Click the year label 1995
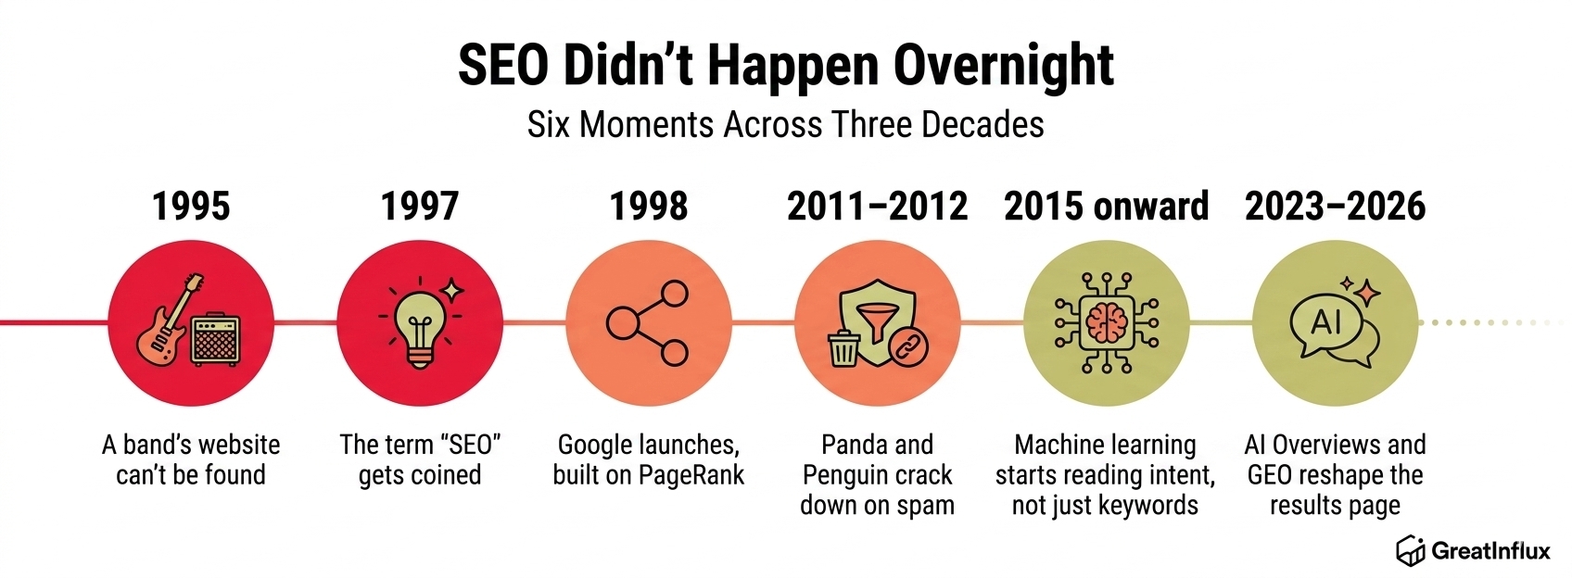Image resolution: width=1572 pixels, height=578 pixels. pos(191,207)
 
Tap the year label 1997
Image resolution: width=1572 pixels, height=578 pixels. pos(420,207)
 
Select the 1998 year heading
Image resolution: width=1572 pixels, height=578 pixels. pos(649,207)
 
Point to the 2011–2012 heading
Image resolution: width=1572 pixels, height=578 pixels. pos(877,207)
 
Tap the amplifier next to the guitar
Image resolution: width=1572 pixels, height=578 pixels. pos(216,339)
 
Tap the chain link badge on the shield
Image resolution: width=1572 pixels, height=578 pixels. pos(908,346)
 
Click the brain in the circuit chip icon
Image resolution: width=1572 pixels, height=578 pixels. pos(1106,323)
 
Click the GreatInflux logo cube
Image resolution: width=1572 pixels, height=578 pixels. pos(1410,550)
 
